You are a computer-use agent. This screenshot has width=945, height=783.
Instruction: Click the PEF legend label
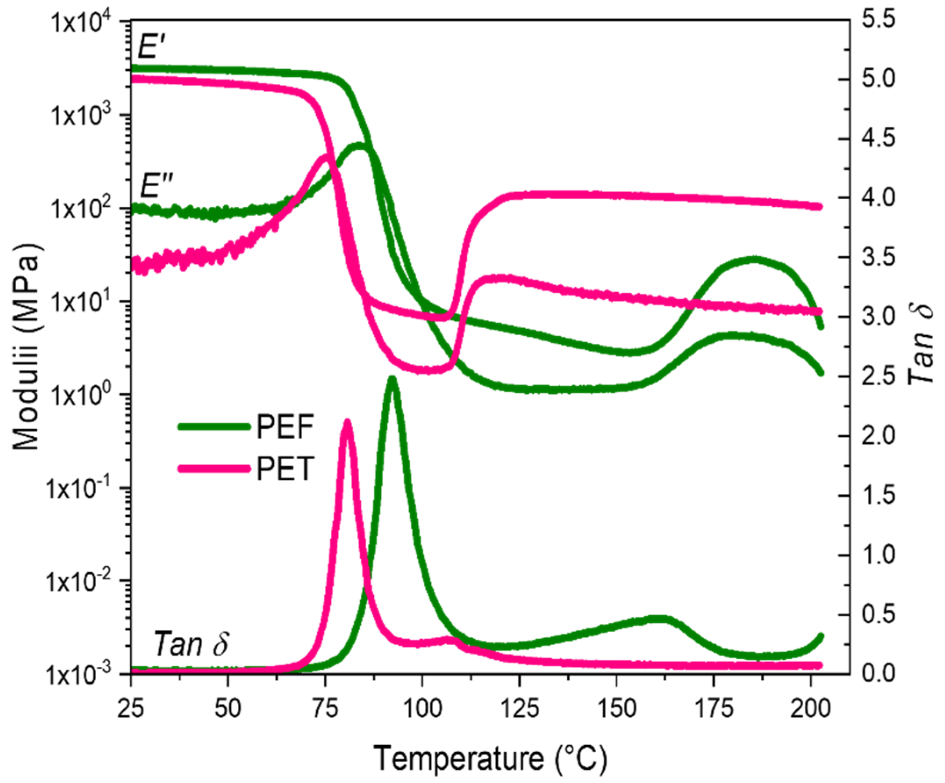(x=285, y=427)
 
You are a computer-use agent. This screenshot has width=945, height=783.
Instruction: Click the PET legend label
(x=285, y=468)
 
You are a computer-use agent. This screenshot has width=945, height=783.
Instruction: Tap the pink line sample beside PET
(x=214, y=469)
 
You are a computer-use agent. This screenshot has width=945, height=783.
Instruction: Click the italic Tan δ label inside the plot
(x=191, y=644)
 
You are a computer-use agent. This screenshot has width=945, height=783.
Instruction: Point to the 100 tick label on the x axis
(x=422, y=709)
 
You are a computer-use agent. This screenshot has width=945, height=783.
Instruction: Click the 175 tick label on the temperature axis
(x=713, y=709)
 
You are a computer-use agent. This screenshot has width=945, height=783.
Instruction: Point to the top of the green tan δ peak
(x=392, y=379)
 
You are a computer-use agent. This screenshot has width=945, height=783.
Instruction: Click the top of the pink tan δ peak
(x=347, y=422)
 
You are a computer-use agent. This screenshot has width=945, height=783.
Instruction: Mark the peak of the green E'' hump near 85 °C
(x=359, y=145)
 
